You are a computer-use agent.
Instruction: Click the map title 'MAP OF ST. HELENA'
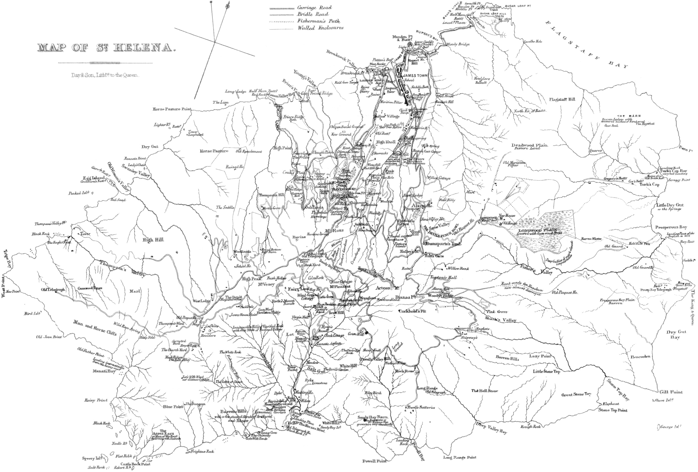tap(106, 48)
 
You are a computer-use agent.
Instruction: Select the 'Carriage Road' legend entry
tap(314, 8)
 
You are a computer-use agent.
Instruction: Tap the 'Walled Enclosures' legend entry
tap(320, 28)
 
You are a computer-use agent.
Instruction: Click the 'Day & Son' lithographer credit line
tap(105, 76)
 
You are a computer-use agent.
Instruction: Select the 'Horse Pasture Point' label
tap(172, 109)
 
